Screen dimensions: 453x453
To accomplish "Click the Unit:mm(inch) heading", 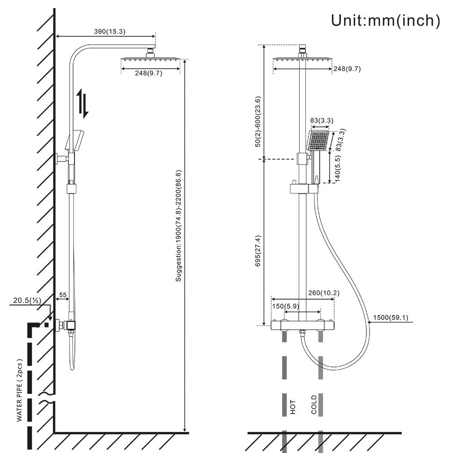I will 385,20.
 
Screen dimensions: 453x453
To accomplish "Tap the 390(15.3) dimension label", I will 109,31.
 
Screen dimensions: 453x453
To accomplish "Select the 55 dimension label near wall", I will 62,295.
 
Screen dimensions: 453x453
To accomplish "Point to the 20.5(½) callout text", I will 25,301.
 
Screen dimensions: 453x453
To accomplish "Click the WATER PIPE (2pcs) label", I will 19,390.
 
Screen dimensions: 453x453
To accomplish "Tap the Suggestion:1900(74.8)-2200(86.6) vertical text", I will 178,226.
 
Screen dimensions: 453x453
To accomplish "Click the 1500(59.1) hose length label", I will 388,318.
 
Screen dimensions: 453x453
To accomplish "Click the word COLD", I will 314,405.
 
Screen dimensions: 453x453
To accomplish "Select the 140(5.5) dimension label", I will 338,168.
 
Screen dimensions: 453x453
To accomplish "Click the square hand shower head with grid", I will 318,141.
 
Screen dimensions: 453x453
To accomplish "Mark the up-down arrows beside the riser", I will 82,104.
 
